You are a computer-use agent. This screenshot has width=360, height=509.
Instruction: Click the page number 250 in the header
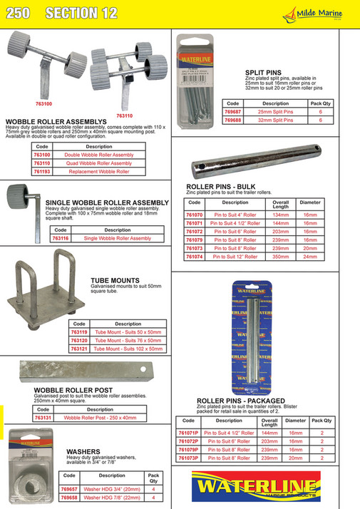[19, 13]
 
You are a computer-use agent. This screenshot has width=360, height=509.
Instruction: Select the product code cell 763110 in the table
[42, 163]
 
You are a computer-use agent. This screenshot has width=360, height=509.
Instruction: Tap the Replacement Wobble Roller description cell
[108, 172]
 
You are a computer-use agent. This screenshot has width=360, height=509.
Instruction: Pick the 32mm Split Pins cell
[265, 120]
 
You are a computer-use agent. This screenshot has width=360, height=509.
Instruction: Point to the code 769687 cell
[232, 112]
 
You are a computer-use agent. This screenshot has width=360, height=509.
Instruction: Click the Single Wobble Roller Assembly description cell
[118, 238]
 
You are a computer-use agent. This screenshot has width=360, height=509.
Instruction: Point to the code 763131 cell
[43, 418]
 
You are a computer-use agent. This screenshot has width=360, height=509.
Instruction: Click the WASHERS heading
[83, 451]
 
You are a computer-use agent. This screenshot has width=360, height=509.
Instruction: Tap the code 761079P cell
[187, 450]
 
